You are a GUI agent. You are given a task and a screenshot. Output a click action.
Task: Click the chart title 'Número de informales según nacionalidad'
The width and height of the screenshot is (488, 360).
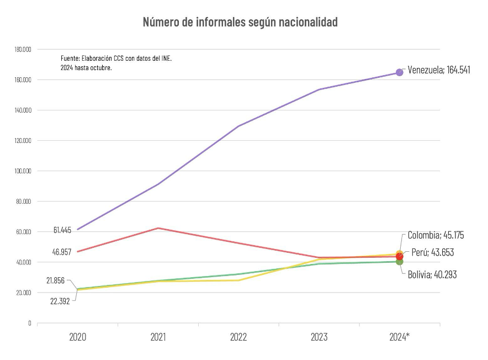pyautogui.click(x=240, y=22)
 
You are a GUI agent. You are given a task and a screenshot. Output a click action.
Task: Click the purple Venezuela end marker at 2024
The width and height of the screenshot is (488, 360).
pyautogui.click(x=399, y=73)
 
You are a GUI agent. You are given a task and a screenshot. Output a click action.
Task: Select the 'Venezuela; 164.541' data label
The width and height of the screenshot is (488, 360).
pyautogui.click(x=439, y=70)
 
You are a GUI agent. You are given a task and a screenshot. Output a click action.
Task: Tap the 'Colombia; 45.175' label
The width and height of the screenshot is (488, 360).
pyautogui.click(x=436, y=235)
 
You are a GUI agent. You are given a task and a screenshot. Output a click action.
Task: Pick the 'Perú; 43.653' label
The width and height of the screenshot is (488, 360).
pyautogui.click(x=432, y=252)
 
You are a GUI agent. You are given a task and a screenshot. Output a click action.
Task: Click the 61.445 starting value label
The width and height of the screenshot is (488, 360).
pyautogui.click(x=62, y=230)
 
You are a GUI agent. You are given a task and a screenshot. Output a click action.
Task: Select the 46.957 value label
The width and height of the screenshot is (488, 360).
pyautogui.click(x=62, y=252)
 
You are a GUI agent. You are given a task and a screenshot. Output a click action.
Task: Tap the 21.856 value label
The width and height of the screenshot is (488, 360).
pyautogui.click(x=56, y=280)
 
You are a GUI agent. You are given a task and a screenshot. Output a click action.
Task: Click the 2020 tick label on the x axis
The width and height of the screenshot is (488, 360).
pyautogui.click(x=78, y=337)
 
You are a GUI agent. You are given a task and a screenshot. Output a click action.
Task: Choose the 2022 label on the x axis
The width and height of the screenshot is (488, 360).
pyautogui.click(x=238, y=337)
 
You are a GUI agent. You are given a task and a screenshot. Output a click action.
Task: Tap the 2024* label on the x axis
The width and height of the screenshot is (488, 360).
pyautogui.click(x=399, y=337)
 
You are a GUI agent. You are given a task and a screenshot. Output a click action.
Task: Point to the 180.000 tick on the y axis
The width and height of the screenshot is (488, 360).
pyautogui.click(x=23, y=50)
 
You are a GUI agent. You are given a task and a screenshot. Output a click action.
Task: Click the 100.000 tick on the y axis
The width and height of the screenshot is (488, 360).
pyautogui.click(x=23, y=171)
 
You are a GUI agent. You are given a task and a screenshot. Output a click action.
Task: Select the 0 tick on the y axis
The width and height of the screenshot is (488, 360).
pyautogui.click(x=29, y=323)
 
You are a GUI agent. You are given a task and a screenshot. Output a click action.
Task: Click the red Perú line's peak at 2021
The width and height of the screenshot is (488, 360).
pyautogui.click(x=158, y=228)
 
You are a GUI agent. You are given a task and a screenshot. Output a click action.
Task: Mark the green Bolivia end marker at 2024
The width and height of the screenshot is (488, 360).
pyautogui.click(x=399, y=261)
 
